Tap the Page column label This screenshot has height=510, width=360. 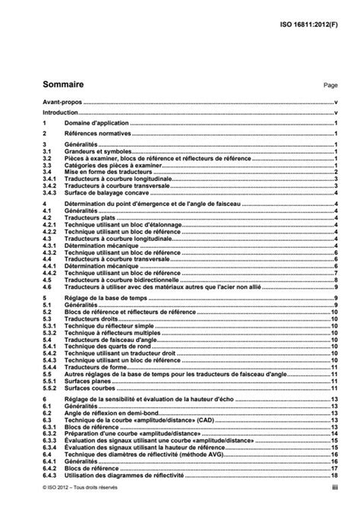pos(330,87)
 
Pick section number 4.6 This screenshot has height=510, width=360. pos(46,287)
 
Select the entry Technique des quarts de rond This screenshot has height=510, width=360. pos(106,347)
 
